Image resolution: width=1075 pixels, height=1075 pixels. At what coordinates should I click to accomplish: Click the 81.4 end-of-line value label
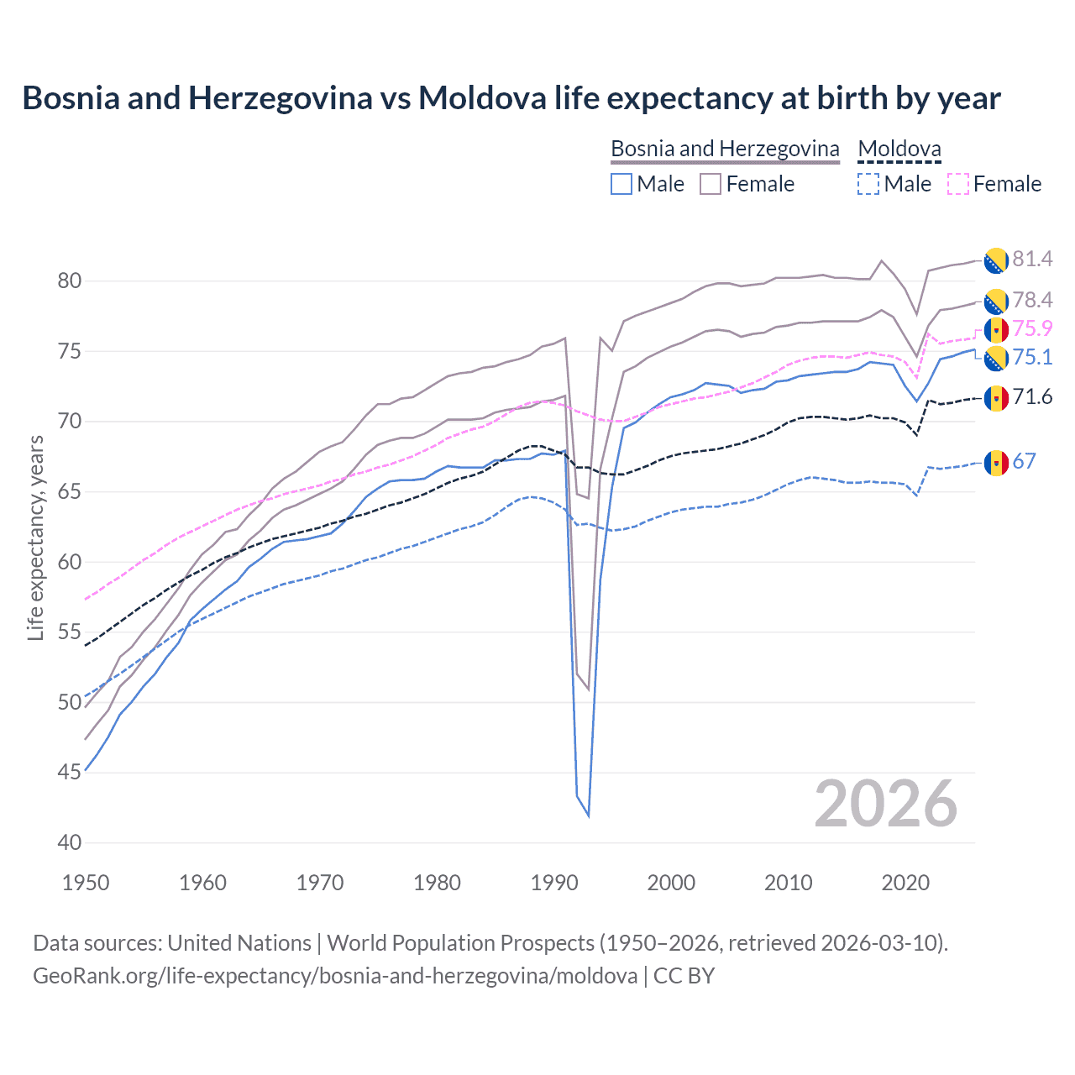1032,259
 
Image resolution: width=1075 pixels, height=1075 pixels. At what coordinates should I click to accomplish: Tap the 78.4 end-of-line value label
1032,300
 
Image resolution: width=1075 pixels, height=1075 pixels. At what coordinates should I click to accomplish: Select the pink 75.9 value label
1032,328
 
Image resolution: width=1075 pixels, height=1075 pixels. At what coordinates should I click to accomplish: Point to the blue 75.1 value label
1032,357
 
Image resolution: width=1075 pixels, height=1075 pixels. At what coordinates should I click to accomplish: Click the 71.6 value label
1032,396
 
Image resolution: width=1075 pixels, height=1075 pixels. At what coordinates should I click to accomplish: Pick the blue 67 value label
1025,461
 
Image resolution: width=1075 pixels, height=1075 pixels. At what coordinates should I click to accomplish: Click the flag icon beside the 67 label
996,463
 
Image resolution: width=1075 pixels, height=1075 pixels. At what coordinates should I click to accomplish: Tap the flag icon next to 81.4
996,260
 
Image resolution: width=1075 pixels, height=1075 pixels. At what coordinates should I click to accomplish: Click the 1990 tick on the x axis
554,883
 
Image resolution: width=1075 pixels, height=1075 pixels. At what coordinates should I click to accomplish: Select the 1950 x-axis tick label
86,883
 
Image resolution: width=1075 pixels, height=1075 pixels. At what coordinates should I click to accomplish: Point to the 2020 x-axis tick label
905,883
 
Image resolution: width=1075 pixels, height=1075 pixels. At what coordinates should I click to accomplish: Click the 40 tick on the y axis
70,842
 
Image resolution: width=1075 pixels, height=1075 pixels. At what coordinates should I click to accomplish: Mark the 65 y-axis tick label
70,491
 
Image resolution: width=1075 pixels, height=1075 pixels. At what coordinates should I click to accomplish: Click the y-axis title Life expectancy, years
36,537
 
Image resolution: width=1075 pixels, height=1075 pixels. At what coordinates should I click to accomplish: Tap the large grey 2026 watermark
886,804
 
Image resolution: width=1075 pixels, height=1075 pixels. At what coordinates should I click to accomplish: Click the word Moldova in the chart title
482,98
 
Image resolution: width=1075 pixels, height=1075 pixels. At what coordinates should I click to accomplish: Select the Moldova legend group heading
899,149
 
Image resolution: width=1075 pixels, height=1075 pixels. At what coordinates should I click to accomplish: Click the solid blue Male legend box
621,184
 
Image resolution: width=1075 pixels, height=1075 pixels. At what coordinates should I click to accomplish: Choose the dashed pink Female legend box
958,184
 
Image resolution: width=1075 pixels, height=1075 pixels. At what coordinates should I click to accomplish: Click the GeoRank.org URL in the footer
335,976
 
